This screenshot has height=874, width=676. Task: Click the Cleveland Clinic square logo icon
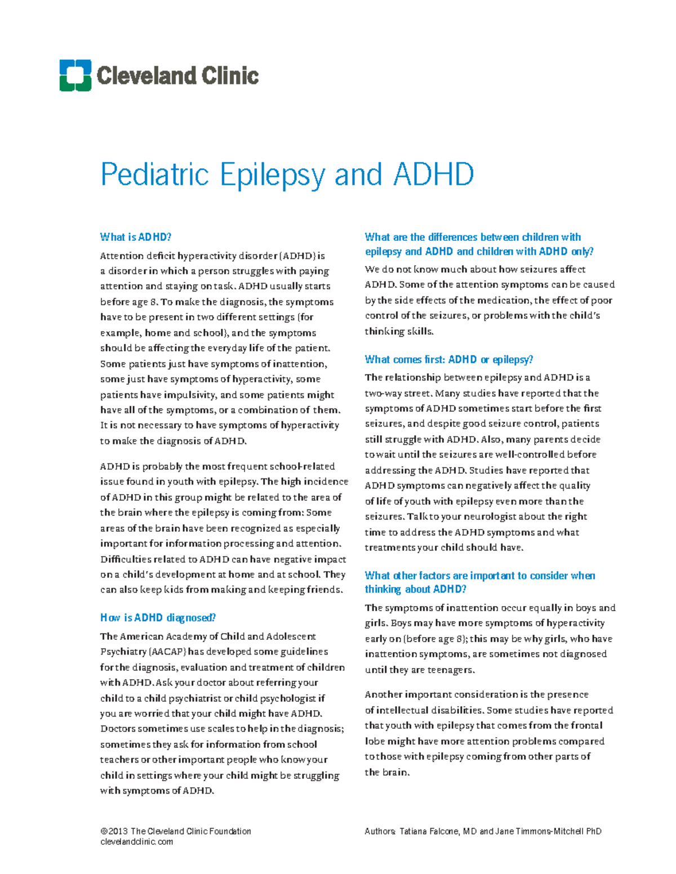point(75,75)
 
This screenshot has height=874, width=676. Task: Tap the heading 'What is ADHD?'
point(135,237)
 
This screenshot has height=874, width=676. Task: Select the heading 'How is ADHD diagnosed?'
point(158,617)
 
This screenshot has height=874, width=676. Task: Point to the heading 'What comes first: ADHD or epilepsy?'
point(448,359)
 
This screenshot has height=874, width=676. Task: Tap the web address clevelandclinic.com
point(136,842)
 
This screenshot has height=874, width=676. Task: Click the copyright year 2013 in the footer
point(118,831)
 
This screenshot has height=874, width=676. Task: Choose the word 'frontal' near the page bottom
point(586,725)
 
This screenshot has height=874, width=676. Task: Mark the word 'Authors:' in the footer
point(380,831)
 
